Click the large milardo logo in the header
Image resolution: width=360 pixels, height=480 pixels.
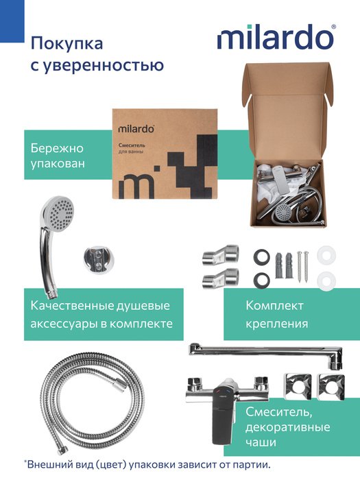(276, 37)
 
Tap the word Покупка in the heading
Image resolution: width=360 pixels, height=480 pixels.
(67, 43)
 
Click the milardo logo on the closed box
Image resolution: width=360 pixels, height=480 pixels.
(136, 129)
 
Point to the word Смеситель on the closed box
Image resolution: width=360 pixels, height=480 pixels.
(132, 145)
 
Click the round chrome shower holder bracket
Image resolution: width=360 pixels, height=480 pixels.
(99, 259)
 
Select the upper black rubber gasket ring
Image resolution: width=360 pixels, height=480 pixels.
(262, 256)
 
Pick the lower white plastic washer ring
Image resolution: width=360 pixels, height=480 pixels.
(326, 280)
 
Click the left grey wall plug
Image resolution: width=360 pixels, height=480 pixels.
(280, 265)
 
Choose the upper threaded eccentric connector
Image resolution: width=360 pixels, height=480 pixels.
(220, 255)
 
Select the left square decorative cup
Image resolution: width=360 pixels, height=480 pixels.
(297, 387)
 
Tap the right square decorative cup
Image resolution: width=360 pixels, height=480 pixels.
(331, 387)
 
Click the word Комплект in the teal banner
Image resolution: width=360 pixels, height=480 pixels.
(274, 306)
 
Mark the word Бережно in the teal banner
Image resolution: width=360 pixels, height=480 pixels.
(57, 149)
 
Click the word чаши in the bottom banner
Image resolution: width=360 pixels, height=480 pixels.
(261, 442)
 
